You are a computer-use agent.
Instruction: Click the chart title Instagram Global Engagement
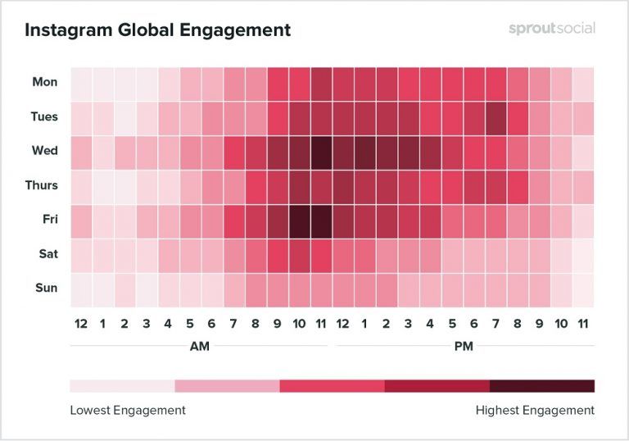[x=157, y=31]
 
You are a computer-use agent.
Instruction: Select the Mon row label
[x=45, y=82]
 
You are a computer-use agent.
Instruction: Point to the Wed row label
[x=45, y=151]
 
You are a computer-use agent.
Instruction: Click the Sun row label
[x=46, y=289]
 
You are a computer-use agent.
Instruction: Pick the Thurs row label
[x=41, y=185]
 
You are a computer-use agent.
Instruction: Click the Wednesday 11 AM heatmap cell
[x=321, y=152]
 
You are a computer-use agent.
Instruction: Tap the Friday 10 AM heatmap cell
[x=299, y=220]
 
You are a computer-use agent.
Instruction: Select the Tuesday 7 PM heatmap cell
[x=496, y=117]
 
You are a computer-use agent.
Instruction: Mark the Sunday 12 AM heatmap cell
[x=81, y=289]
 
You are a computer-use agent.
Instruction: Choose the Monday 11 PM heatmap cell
[x=582, y=83]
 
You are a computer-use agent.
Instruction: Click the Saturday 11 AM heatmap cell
[x=321, y=255]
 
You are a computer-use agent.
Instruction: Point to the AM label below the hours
[x=200, y=346]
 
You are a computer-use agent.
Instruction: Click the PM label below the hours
[x=463, y=346]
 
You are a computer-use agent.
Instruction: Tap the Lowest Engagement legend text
[x=127, y=409]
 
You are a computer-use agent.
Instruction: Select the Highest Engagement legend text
[x=535, y=409]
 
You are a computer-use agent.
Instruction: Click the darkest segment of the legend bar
[x=542, y=386]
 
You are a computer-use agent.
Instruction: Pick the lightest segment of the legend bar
[x=122, y=386]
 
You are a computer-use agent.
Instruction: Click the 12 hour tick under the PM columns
[x=343, y=323]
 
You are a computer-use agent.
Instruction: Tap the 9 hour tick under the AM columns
[x=278, y=323]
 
